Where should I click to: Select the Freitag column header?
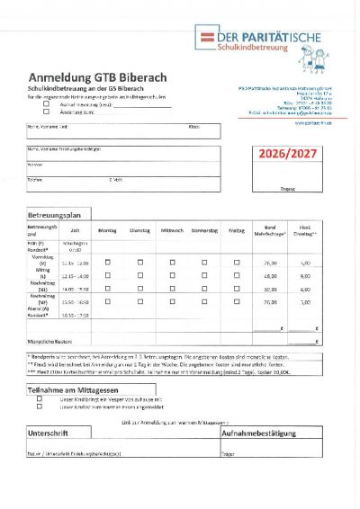point(236,231)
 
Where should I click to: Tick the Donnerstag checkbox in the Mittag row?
point(204,276)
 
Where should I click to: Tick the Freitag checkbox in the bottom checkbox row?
point(236,303)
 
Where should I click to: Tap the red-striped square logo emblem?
point(203,37)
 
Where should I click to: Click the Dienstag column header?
point(139,231)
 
